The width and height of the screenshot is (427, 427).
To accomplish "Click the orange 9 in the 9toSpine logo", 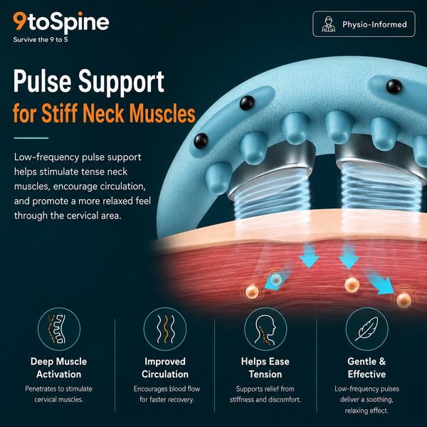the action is pos(20,21).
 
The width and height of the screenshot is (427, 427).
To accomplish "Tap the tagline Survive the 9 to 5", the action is pos(41,40).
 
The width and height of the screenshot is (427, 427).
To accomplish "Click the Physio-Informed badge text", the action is pos(374,24).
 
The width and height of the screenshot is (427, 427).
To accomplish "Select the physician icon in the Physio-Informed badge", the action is pos(328,24).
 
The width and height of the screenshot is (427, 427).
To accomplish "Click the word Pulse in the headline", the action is pos(43,81).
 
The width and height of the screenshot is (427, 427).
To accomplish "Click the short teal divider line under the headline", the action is pos(31,138).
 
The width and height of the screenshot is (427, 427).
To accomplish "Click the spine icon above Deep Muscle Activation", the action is pos(59,329).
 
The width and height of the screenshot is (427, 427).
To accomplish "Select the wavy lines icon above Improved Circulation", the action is pos(165,329).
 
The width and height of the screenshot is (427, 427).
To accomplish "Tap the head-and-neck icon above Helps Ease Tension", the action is pos(265,329).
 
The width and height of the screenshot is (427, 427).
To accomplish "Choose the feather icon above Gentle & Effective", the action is pos(367,329).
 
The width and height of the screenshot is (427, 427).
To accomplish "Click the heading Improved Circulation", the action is pos(165,368).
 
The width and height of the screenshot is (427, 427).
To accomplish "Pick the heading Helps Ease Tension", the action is pos(265,368).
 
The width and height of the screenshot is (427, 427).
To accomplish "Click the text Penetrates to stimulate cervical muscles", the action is pos(59,394).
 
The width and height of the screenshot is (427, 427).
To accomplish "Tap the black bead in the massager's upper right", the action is pos(394,87).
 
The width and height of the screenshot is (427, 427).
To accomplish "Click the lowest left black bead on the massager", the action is pos(201,141).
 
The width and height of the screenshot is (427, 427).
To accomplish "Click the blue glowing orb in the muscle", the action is pos(277,279).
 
